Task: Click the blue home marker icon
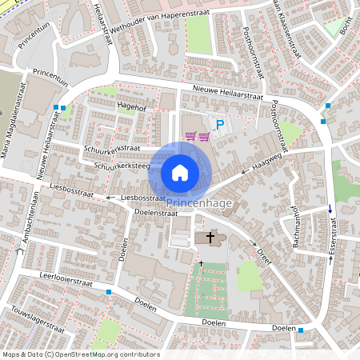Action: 180,172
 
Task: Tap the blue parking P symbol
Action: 220,125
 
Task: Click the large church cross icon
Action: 211,237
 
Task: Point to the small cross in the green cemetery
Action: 201,263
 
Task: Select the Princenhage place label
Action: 199,204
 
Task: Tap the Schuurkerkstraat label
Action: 111,148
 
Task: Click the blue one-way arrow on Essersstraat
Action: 330,210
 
